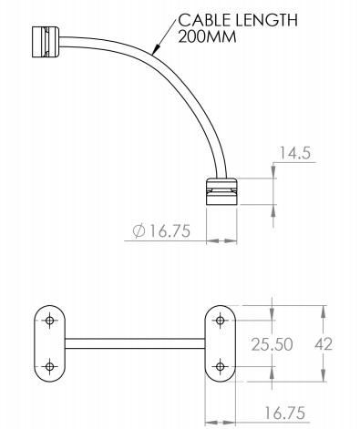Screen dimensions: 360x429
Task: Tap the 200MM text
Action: tap(207, 37)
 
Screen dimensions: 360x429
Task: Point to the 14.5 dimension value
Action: tap(295, 153)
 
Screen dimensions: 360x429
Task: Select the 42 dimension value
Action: tap(324, 344)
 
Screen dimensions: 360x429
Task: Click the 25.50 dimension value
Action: tap(272, 344)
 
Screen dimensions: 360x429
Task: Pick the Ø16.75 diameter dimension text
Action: tap(162, 231)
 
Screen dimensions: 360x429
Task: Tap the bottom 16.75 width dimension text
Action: tap(284, 413)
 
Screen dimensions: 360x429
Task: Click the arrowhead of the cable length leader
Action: tap(157, 49)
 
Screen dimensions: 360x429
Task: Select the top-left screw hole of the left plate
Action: tap(49, 320)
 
